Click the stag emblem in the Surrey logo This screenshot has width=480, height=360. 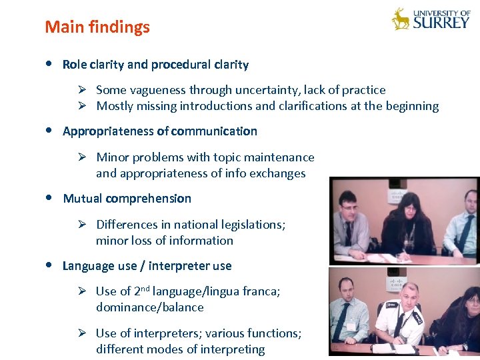pyautogui.click(x=401, y=19)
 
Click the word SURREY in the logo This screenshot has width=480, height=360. pyautogui.click(x=441, y=23)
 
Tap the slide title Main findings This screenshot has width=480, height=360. pyautogui.click(x=97, y=27)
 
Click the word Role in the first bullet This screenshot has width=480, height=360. pyautogui.click(x=74, y=65)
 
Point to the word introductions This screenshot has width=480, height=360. pyautogui.click(x=217, y=106)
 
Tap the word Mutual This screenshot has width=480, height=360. pyautogui.click(x=82, y=199)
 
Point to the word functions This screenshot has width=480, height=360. pyautogui.click(x=273, y=333)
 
